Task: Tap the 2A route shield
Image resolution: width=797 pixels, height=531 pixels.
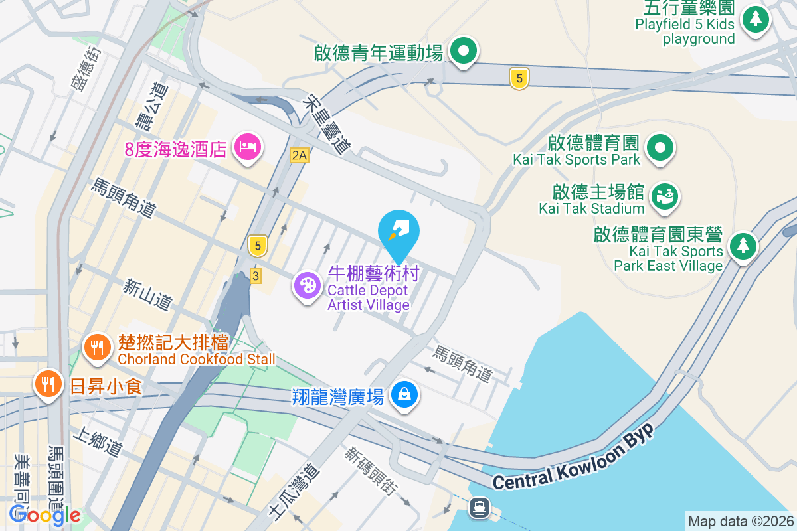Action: coord(300,155)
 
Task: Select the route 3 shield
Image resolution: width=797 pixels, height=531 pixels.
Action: coord(256,275)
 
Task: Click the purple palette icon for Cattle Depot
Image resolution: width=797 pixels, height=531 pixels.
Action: coord(308,286)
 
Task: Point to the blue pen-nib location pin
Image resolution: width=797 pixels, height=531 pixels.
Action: coord(398,230)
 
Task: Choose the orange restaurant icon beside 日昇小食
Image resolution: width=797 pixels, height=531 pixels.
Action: coord(48,383)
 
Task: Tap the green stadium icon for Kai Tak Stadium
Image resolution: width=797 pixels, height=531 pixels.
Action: coord(664,196)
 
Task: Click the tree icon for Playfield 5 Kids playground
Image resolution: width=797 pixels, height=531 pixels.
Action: coord(755,19)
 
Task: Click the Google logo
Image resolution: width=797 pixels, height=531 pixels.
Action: coord(45,514)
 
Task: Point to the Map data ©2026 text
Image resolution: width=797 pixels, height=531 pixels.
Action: coord(741,521)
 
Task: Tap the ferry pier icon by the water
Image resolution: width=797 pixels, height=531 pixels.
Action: coord(479,508)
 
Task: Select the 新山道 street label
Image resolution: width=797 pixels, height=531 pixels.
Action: coord(147,295)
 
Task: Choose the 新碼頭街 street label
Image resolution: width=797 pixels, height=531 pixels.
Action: coord(370,470)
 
